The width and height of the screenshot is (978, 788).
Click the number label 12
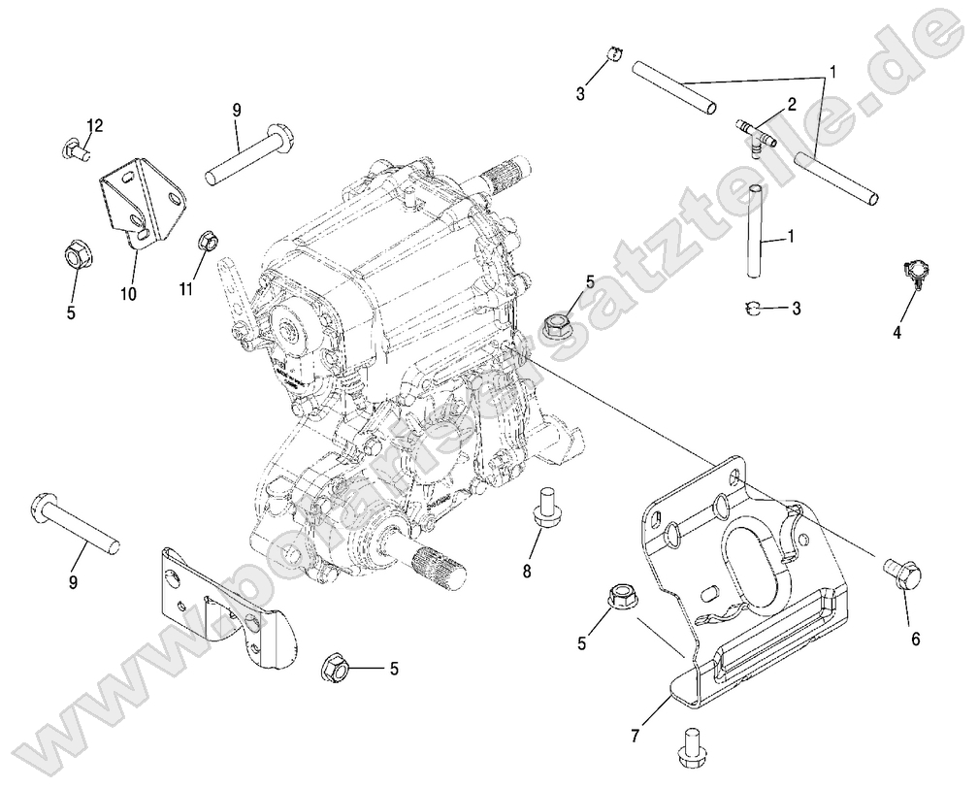click(x=94, y=126)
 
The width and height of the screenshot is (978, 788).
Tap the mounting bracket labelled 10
click(x=142, y=203)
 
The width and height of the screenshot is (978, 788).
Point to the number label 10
click(x=129, y=292)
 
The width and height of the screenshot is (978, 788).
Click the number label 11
click(x=187, y=289)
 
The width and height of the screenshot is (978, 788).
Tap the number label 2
click(x=792, y=103)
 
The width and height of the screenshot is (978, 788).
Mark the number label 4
click(x=897, y=333)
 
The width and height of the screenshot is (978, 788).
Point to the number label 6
click(x=915, y=639)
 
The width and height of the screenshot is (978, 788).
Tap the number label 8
click(x=528, y=571)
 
